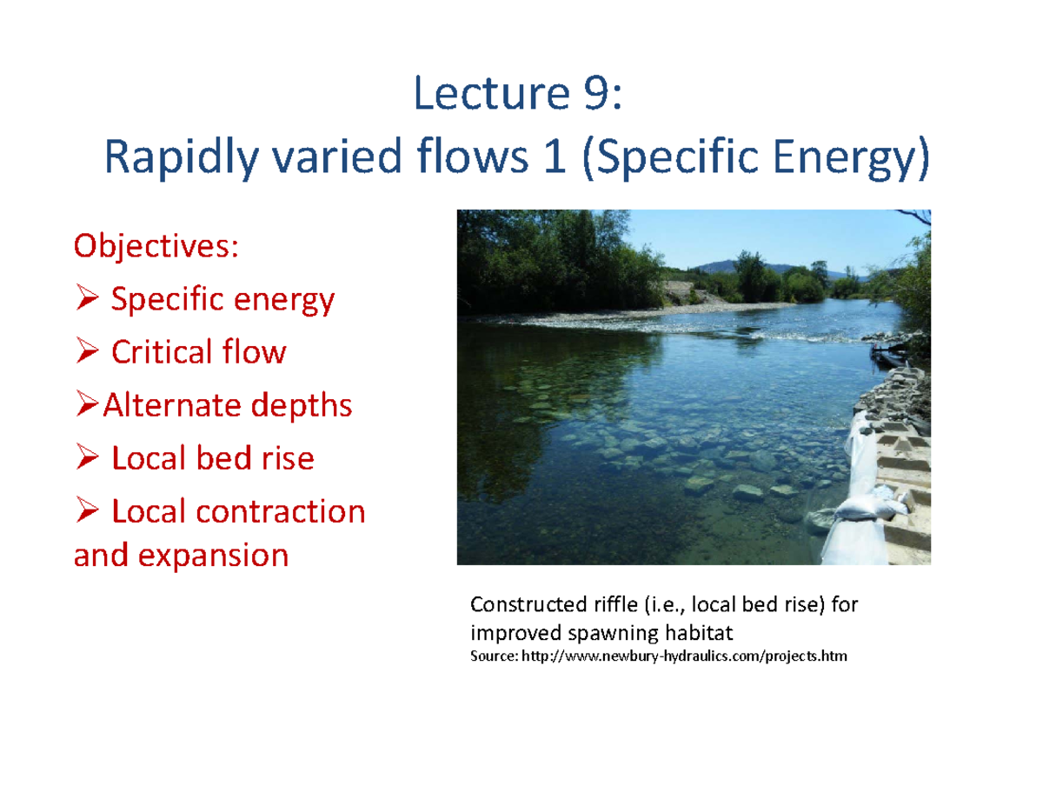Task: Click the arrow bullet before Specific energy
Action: pyautogui.click(x=88, y=301)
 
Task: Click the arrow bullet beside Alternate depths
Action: pyautogui.click(x=88, y=406)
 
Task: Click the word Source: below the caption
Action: pyautogui.click(x=492, y=655)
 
